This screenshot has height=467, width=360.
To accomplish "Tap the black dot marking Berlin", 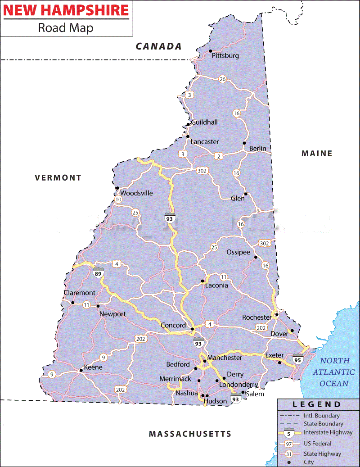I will tap(244, 143).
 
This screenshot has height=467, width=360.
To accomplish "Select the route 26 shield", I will tap(222, 79).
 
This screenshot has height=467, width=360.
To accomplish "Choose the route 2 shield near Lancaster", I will tap(219, 156).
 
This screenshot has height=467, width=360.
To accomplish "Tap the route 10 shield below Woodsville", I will tap(118, 199).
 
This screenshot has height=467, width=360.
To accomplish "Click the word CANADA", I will tap(159, 46).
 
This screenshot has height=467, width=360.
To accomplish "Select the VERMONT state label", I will tap(58, 177).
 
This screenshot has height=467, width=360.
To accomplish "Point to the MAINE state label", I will tap(317, 154).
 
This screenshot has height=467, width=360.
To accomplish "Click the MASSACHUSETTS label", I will tap(190, 434).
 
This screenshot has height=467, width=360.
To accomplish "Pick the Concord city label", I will tap(173, 325).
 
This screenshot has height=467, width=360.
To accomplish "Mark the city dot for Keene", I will tap(81, 370).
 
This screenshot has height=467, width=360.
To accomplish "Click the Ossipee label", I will tap(238, 252).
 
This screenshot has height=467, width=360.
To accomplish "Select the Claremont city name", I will tap(79, 293).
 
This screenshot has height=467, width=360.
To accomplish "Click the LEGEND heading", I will tap(317, 404).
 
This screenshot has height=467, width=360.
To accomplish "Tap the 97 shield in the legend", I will tap(289, 444).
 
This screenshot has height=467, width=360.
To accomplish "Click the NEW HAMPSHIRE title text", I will tap(66, 10).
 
